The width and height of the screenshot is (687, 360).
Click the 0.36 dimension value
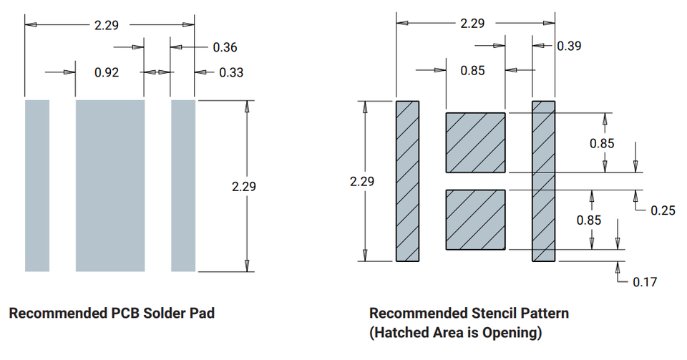click(225, 48)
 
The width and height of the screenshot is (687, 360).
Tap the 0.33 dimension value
click(230, 72)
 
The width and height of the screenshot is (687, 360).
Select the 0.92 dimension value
click(107, 72)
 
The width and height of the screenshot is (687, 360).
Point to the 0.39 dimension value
click(569, 46)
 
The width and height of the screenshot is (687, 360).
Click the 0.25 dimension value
click(663, 210)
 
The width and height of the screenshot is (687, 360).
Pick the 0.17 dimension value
click(645, 282)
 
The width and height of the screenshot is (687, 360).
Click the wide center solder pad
click(110, 185)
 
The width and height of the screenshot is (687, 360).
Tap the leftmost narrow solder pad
click(37, 185)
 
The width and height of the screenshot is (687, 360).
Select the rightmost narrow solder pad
click(183, 185)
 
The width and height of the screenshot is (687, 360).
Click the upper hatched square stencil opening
click(476, 142)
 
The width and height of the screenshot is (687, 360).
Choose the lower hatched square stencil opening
click(476, 219)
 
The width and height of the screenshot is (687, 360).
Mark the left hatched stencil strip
click(407, 181)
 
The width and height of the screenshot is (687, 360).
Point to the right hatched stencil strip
click(543, 181)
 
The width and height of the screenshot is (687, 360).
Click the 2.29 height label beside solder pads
click(244, 187)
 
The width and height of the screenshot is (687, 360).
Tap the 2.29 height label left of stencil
click(362, 181)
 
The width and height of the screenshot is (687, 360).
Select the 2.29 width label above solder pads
click(106, 24)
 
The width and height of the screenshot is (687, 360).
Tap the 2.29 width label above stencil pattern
click(472, 23)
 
